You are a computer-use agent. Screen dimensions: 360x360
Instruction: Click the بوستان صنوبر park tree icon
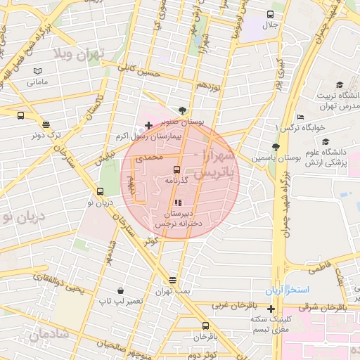(184, 110)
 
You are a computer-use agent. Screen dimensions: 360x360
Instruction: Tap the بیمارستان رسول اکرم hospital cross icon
(148, 125)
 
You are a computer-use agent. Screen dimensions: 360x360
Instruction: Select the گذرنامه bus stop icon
(176, 169)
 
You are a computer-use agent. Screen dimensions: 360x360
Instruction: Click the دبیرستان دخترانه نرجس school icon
(177, 202)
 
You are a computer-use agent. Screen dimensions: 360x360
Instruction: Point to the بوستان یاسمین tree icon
(275, 147)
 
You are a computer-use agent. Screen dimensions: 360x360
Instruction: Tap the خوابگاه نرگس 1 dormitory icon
(301, 117)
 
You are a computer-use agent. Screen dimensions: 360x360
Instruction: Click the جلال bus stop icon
(271, 14)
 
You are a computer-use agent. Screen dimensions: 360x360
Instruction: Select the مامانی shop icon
(37, 71)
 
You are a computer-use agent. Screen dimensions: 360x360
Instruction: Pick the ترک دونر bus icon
(20, 116)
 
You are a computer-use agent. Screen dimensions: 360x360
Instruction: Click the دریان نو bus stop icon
(100, 191)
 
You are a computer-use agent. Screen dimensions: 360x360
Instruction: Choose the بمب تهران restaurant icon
(173, 280)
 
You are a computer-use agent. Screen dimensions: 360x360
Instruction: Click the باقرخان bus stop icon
(205, 326)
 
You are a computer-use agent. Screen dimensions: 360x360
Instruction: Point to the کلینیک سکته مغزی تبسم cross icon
(271, 309)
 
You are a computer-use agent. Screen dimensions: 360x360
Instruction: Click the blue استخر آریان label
(282, 290)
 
